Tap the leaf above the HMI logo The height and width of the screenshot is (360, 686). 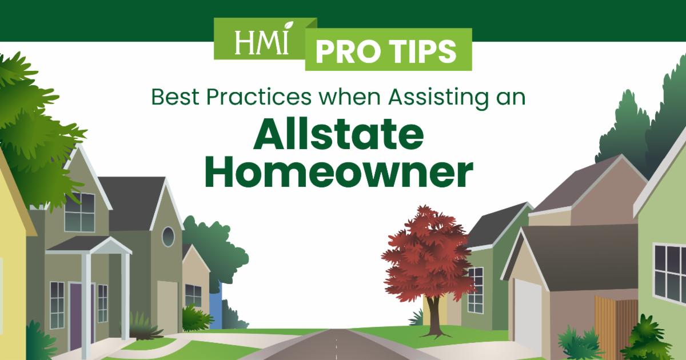(288, 25)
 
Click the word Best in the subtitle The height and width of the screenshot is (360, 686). (176, 97)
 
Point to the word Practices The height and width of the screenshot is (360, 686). (259, 97)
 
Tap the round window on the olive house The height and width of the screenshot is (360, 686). (168, 237)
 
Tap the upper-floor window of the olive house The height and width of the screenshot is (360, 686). (79, 212)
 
